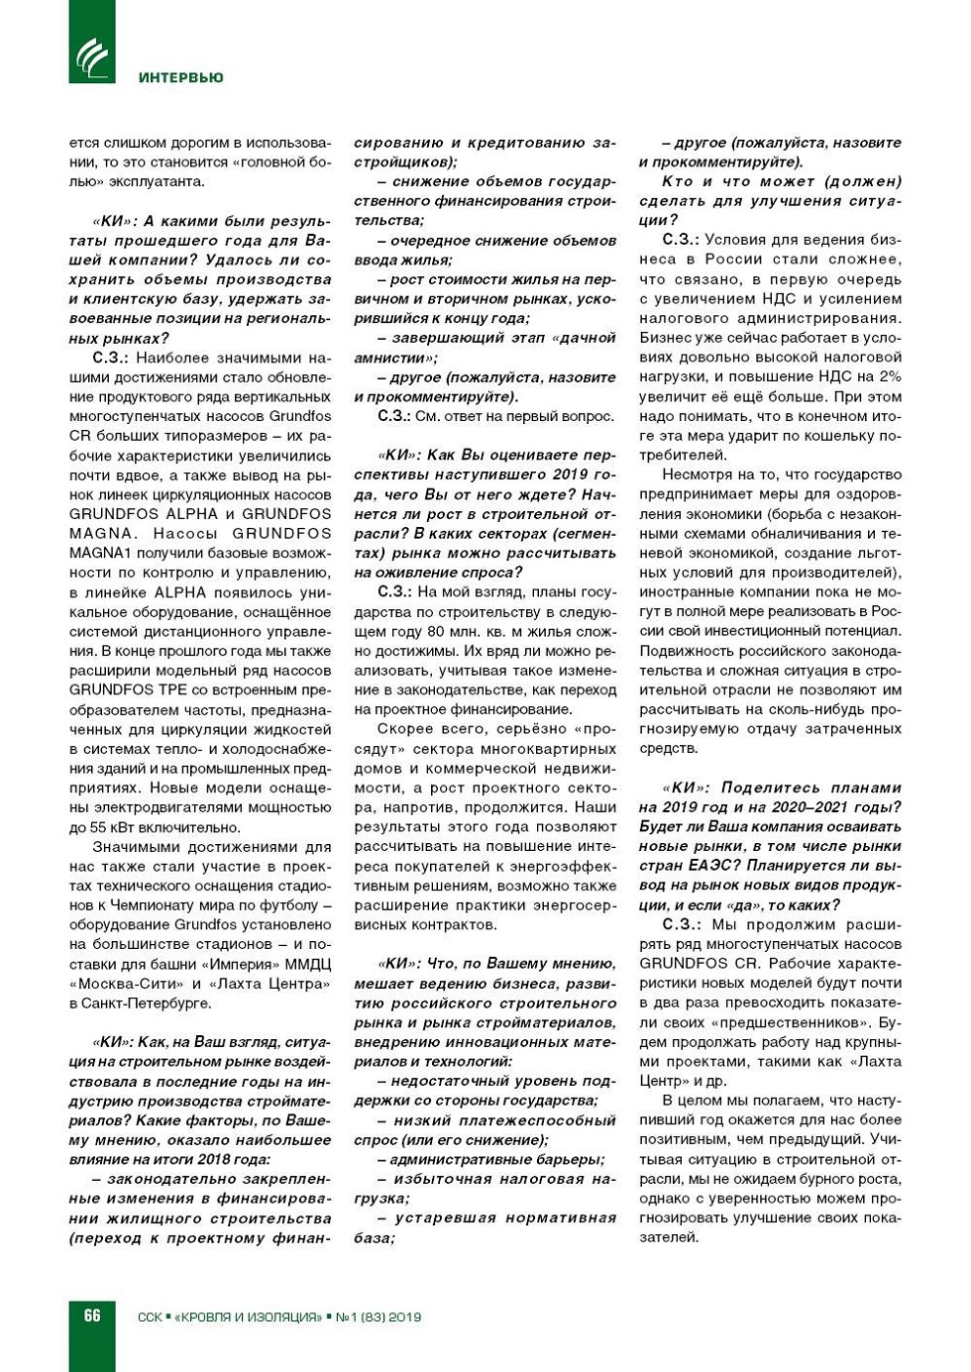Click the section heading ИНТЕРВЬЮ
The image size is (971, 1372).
[181, 77]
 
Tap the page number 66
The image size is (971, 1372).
[92, 1315]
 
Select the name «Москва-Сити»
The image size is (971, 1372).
[126, 984]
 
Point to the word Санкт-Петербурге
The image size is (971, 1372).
[149, 1003]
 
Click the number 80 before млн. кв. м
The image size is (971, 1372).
[437, 631]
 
